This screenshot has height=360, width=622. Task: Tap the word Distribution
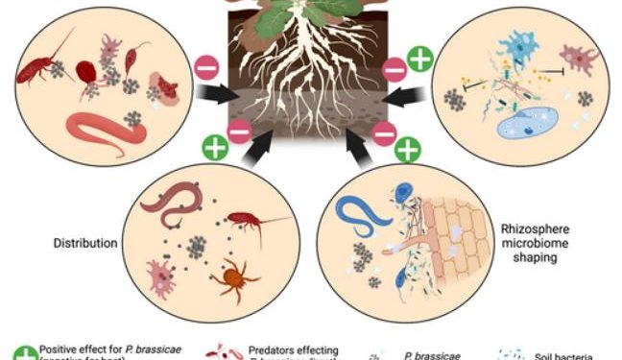coord(84,243)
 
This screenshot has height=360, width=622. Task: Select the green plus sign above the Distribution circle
coord(215,148)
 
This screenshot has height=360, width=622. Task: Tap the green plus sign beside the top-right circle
coord(419,60)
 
